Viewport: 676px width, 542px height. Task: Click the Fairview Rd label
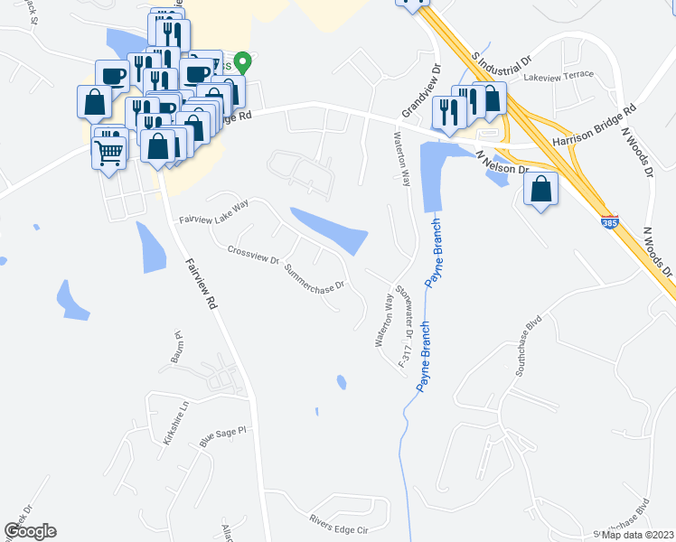[202, 285]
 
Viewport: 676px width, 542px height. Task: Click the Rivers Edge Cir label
[340, 523]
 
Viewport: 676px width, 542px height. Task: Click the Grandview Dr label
[420, 90]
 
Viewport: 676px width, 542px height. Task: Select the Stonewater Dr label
[403, 313]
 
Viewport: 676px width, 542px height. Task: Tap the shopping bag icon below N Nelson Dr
[540, 190]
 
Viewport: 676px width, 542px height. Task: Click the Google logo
[29, 532]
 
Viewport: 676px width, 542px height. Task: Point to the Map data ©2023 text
[637, 535]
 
